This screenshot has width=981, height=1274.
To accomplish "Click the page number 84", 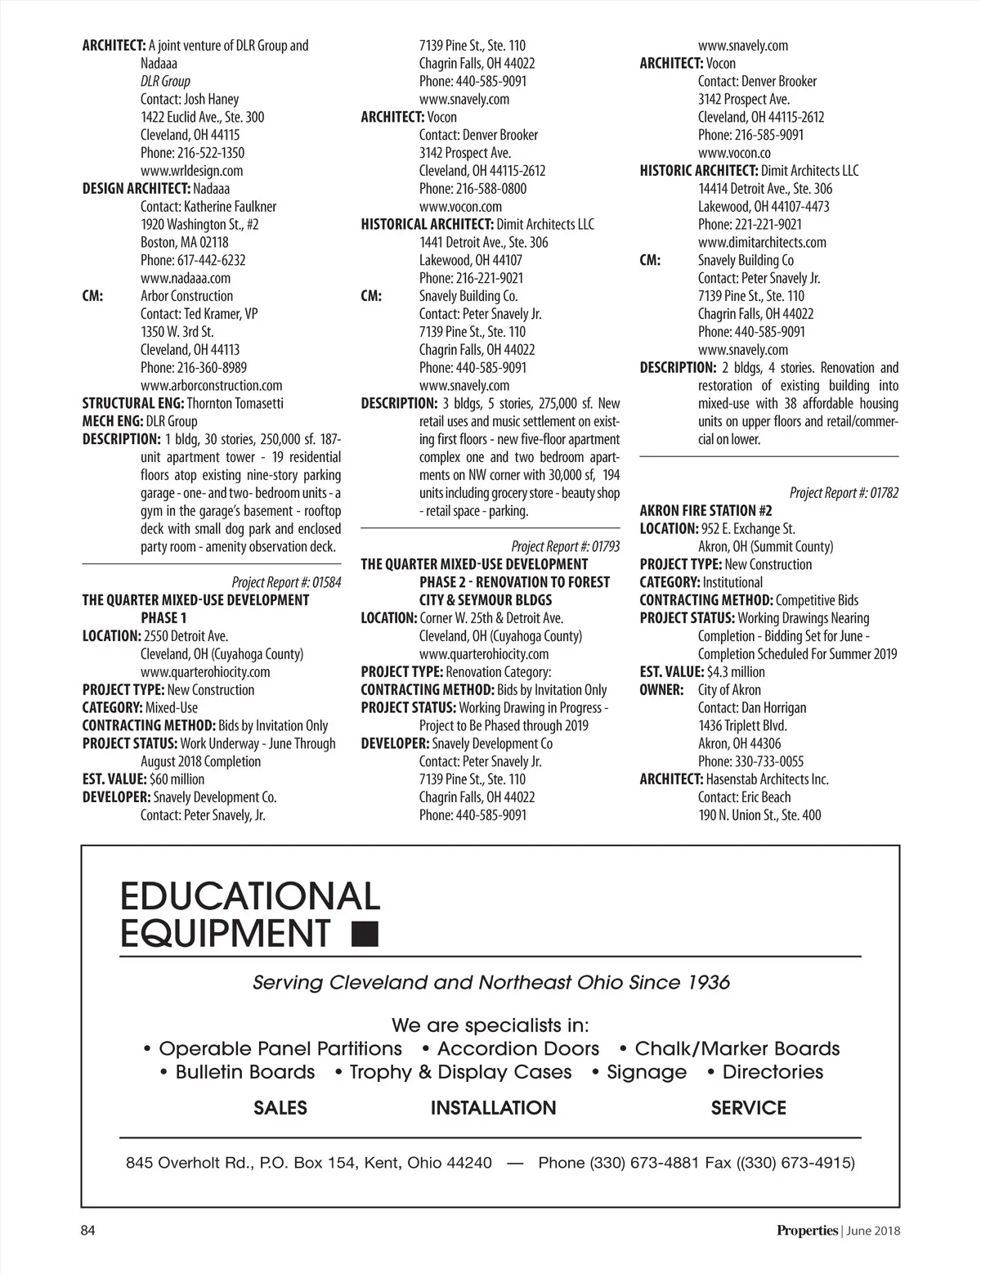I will [x=88, y=1231].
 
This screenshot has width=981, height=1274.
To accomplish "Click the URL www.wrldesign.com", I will [x=191, y=171].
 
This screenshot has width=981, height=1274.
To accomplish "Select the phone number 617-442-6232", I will [x=211, y=260].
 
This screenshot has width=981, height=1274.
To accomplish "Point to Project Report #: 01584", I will [x=286, y=582].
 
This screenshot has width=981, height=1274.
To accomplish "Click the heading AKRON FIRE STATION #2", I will [x=706, y=511].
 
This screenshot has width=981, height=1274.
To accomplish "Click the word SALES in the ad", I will [x=280, y=1108].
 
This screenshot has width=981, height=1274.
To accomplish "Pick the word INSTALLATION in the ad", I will [x=493, y=1108].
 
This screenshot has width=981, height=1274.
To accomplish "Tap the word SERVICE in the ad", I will [x=748, y=1108].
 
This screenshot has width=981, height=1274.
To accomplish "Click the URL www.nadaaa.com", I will [x=186, y=278].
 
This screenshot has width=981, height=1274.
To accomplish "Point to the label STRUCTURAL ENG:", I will [x=133, y=403].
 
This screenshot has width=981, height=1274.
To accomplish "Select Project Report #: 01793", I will [x=565, y=546].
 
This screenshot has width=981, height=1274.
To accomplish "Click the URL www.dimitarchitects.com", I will [x=762, y=242].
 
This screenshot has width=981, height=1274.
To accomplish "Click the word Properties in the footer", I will [x=807, y=1231].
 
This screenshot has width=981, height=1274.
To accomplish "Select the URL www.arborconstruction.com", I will [x=211, y=385].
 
